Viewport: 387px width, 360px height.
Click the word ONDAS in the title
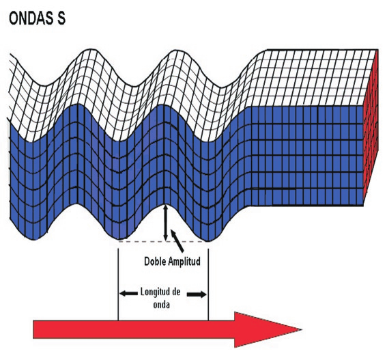click(31, 18)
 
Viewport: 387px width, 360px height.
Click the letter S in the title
click(61, 18)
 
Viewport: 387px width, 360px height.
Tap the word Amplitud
click(184, 262)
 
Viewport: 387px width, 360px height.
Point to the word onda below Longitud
click(161, 305)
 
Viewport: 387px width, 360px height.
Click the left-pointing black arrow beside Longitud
click(128, 294)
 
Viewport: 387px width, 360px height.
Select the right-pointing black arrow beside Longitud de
click(197, 294)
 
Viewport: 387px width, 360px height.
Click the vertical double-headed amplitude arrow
click(166, 223)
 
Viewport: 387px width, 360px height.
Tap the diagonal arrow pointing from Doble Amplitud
click(177, 241)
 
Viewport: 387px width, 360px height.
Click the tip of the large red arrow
click(302, 329)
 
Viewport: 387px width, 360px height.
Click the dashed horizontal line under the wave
click(163, 241)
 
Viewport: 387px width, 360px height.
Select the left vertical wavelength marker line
click(118, 284)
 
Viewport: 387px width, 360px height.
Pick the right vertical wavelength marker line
click(208, 284)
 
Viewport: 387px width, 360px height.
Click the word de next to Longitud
click(175, 292)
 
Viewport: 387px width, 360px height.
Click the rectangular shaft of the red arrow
click(134, 329)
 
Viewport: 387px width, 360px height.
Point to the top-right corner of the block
click(378, 50)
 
